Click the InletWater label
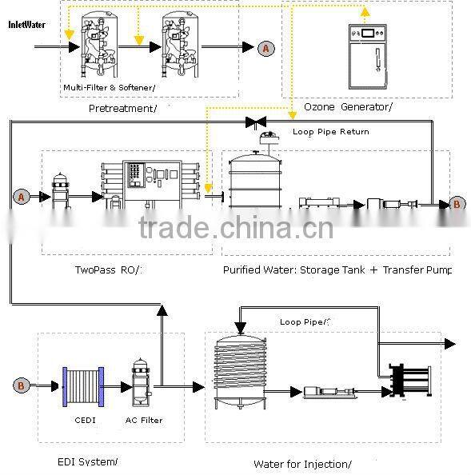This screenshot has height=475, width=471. (x=26, y=25)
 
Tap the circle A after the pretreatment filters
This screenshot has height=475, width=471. (x=266, y=49)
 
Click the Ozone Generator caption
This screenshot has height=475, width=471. (x=348, y=107)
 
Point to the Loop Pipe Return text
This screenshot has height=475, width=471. (x=330, y=132)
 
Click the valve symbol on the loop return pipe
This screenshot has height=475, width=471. (x=256, y=122)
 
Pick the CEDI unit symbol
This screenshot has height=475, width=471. (x=83, y=386)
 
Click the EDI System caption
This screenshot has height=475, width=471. (x=87, y=461)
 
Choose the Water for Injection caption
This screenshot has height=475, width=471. (x=302, y=464)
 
